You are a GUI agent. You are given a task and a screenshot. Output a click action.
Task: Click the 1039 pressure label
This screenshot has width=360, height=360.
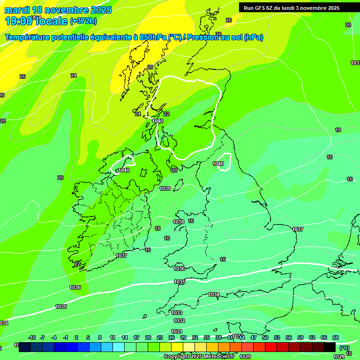[165, 188]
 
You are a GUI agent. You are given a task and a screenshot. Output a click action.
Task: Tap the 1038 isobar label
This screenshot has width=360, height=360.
[179, 222]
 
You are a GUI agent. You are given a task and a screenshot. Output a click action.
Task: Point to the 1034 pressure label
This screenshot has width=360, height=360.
[214, 294]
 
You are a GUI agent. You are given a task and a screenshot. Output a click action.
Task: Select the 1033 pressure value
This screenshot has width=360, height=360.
[177, 313]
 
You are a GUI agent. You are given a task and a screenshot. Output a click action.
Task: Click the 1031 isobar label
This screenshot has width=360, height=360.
[177, 331]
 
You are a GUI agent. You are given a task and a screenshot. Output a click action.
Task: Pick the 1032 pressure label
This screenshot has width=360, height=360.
[179, 321]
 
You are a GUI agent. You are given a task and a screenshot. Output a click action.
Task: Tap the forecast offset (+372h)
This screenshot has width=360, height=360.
[83, 21]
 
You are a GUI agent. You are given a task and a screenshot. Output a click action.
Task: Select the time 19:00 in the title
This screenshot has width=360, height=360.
[19, 21]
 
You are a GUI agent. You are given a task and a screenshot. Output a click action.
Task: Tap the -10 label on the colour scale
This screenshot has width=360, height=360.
[32, 337]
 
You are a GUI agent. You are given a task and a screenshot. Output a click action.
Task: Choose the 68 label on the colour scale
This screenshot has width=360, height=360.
[336, 337]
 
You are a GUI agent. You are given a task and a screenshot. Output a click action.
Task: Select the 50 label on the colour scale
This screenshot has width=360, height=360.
[265, 337]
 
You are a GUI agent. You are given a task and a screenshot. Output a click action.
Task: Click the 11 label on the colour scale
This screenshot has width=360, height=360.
[112, 337]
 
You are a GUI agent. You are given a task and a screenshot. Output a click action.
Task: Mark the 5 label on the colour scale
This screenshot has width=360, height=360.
[88, 337]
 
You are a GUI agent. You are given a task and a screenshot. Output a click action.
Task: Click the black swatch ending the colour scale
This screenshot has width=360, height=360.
[330, 346]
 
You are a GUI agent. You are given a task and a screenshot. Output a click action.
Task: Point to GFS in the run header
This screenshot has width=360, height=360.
[261, 8]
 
